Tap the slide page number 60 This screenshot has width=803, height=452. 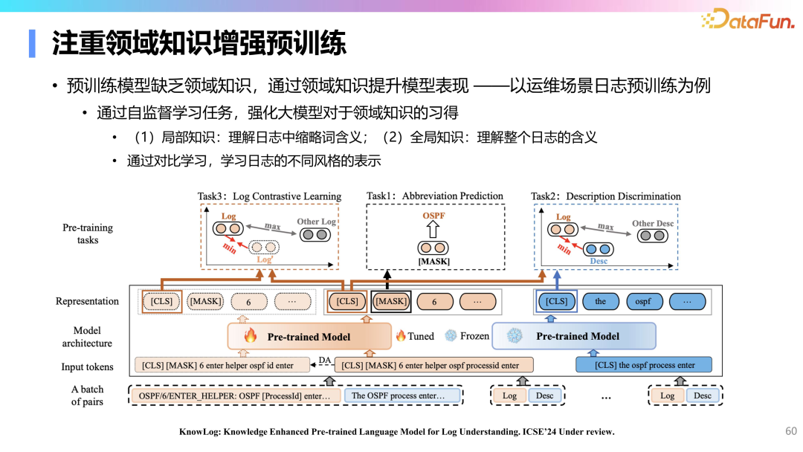790,431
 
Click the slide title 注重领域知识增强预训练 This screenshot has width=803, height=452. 199,44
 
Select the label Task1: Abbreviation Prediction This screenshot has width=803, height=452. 435,196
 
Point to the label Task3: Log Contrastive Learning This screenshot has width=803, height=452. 269,197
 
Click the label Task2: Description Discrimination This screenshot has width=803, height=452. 606,197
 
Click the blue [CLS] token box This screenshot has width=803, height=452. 556,302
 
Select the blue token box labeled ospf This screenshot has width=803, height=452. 642,302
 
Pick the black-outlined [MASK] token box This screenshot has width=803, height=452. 391,302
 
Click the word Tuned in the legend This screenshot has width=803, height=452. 421,336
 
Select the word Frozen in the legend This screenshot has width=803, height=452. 474,336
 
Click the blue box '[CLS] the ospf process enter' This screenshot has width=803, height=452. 644,365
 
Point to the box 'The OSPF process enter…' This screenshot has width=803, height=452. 398,395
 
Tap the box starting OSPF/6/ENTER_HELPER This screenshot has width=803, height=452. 234,395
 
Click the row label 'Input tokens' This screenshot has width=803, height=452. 88,367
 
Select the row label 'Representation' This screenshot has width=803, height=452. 87,301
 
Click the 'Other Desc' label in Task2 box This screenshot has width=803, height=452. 653,223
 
